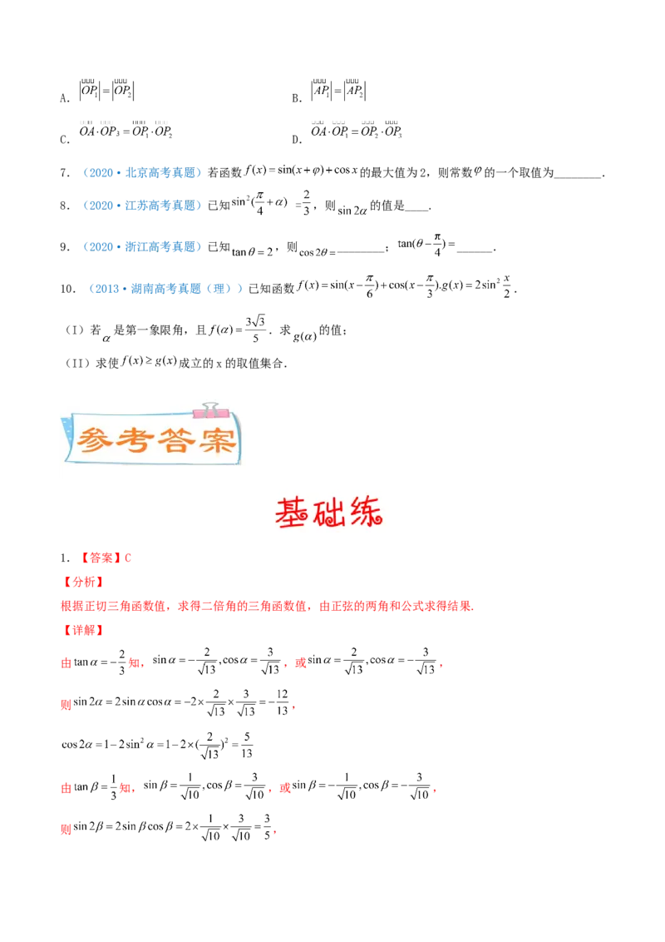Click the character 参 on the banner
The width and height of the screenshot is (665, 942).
(x=97, y=439)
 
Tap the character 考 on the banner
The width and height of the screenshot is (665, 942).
(x=137, y=439)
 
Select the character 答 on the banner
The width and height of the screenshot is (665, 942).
(x=178, y=439)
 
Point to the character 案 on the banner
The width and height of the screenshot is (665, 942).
(x=218, y=439)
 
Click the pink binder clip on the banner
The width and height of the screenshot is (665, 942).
(x=205, y=409)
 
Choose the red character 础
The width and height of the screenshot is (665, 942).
(x=331, y=513)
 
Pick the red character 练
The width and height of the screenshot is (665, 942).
(x=368, y=513)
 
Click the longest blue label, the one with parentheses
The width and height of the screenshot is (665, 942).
(x=166, y=289)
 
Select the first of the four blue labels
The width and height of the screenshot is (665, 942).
(x=142, y=173)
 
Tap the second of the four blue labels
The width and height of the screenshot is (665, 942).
(x=142, y=206)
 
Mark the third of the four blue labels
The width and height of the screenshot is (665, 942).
(x=142, y=246)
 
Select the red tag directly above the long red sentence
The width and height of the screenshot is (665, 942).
(x=84, y=581)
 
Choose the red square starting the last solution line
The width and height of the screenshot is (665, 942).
(x=65, y=829)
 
